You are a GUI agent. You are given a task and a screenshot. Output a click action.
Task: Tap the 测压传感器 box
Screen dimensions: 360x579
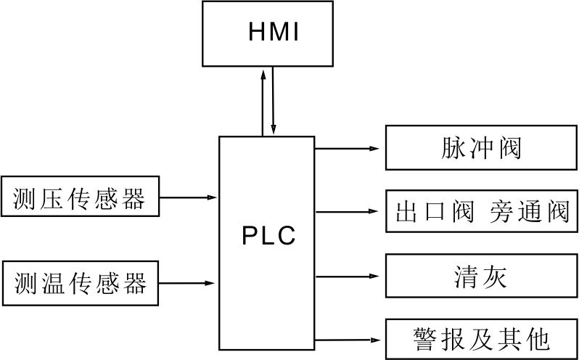[79, 197]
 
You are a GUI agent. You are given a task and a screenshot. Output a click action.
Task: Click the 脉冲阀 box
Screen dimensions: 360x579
[481, 148]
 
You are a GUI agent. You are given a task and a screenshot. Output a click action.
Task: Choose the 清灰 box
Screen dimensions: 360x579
[481, 276]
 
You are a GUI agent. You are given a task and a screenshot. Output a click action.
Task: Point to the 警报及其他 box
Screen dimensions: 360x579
[481, 339]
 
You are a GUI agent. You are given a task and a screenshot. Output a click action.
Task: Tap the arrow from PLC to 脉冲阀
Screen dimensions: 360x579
[348, 148]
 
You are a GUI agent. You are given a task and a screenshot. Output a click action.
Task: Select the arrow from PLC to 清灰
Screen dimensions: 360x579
[348, 276]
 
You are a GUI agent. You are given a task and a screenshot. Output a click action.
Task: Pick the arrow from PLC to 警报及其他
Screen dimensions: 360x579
[348, 339]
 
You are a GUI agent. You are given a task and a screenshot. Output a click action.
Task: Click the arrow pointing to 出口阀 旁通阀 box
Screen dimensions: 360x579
[348, 212]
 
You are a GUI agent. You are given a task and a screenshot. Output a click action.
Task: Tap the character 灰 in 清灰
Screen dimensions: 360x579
[496, 276]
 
